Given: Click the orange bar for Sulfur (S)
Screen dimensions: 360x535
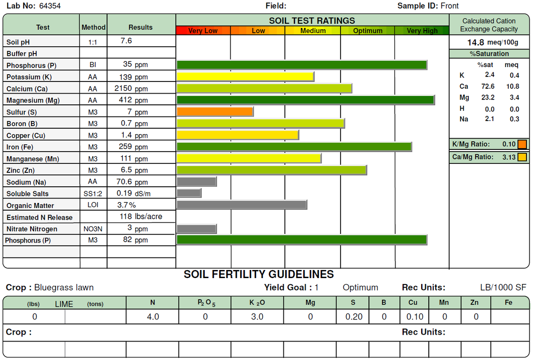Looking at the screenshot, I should point(215,112).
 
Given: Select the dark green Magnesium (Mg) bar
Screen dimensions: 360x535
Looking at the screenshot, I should point(306,100).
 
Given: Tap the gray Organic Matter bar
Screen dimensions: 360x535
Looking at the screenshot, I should point(242,205).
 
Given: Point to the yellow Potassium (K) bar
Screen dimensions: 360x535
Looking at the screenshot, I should point(245,76).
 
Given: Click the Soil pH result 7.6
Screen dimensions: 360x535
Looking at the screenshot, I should point(126,41).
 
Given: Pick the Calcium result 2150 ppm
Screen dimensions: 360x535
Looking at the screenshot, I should point(131,88).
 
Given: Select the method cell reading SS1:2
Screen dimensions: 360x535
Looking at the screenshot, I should point(93,193).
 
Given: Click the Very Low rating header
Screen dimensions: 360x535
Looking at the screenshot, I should point(203,31).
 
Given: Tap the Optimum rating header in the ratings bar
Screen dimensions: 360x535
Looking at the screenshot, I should point(368,31).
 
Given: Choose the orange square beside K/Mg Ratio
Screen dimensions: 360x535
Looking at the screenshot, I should point(522,144).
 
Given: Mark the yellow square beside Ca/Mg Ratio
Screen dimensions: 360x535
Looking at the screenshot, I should point(522,157).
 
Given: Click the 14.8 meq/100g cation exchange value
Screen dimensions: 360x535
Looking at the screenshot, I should point(493,43).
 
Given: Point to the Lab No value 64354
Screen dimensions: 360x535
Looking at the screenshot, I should point(50,6).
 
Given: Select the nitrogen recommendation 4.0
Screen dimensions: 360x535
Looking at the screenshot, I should point(153,317).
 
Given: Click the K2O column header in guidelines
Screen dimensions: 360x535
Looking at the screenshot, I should point(257,303).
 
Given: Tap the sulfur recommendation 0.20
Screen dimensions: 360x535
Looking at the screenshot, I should point(354,317).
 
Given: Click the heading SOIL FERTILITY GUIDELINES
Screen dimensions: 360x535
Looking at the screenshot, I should point(259,274).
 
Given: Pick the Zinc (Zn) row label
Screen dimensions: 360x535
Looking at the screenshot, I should point(21,171).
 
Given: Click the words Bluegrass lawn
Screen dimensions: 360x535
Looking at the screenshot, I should point(64,288).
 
